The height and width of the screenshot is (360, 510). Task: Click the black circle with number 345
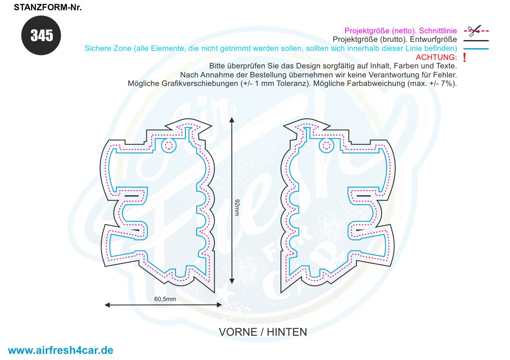pyautogui.click(x=41, y=36)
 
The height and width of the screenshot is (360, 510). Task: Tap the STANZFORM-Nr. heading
pyautogui.click(x=47, y=8)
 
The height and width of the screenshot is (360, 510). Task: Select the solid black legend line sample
pyautogui.click(x=476, y=40)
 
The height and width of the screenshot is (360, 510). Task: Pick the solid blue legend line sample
pyautogui.click(x=476, y=49)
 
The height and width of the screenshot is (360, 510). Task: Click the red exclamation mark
pyautogui.click(x=465, y=58)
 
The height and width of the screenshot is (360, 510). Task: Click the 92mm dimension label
pyautogui.click(x=237, y=207)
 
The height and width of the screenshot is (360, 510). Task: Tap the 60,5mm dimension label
pyautogui.click(x=165, y=299)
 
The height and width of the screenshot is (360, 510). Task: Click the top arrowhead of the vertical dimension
pyautogui.click(x=231, y=120)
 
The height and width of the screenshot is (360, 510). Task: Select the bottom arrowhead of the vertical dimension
pyautogui.click(x=231, y=281)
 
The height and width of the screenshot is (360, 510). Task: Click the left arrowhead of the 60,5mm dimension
pyautogui.click(x=107, y=305)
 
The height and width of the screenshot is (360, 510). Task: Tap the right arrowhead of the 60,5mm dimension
pyautogui.click(x=220, y=305)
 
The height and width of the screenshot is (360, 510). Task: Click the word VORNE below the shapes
pyautogui.click(x=237, y=332)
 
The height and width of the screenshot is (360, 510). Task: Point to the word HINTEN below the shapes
pyautogui.click(x=287, y=332)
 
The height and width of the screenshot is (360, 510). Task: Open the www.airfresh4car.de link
pyautogui.click(x=60, y=350)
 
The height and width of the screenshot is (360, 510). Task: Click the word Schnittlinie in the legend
pyautogui.click(x=438, y=31)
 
